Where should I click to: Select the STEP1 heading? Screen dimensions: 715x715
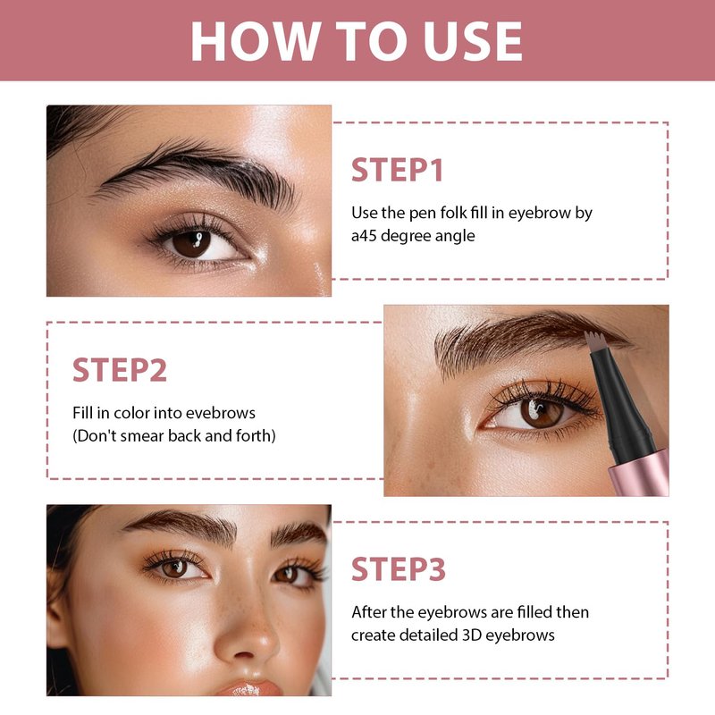[397, 170]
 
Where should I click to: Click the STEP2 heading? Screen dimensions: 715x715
[120, 370]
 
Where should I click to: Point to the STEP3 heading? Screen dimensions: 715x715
[399, 569]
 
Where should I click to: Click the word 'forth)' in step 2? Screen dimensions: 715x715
[256, 436]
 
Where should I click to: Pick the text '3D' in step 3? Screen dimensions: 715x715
[472, 635]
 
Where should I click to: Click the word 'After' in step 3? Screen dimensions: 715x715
[368, 612]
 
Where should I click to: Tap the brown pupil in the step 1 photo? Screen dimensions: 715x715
[192, 243]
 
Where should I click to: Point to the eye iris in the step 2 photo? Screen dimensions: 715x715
[542, 411]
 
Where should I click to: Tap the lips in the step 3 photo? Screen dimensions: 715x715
[249, 687]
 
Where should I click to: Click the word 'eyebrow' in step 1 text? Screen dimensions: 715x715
[540, 213]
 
